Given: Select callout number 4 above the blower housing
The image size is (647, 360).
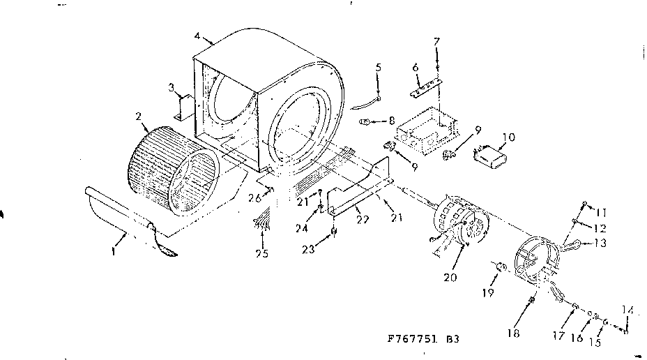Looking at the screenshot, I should coord(198,35).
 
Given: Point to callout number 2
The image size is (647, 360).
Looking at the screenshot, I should coord(138,116).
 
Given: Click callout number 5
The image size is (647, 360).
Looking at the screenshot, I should coord(378,68).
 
